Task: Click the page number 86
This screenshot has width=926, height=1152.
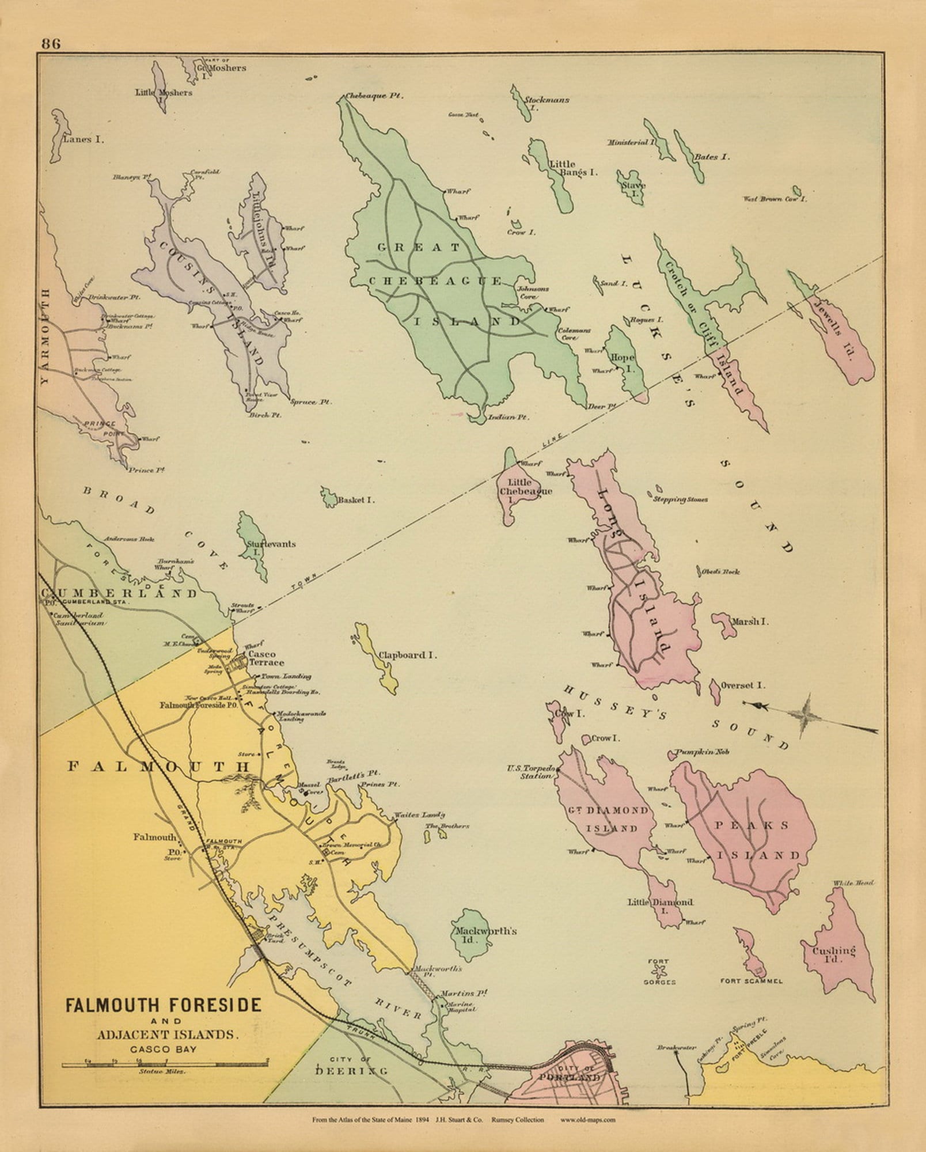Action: click(51, 44)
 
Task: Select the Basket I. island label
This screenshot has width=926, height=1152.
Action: click(356, 500)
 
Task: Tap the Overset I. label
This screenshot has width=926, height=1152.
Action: click(743, 685)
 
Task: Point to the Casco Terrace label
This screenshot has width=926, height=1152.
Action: click(262, 658)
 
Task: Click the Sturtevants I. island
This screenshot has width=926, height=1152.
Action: click(252, 544)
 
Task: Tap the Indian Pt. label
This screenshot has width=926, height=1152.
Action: click(507, 416)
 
